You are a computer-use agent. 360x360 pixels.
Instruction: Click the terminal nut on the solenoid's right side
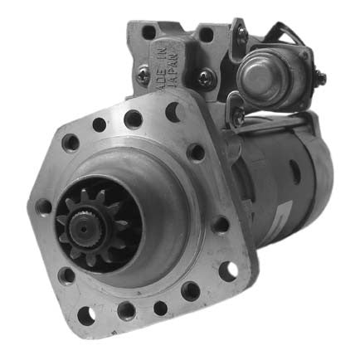point(319,78)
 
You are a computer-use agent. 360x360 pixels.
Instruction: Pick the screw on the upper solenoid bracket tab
point(241,32)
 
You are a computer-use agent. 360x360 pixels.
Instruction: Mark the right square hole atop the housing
point(204,33)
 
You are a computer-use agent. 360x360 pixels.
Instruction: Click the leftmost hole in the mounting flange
point(43,206)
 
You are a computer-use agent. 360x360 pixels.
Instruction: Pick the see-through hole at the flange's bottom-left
point(84,314)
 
